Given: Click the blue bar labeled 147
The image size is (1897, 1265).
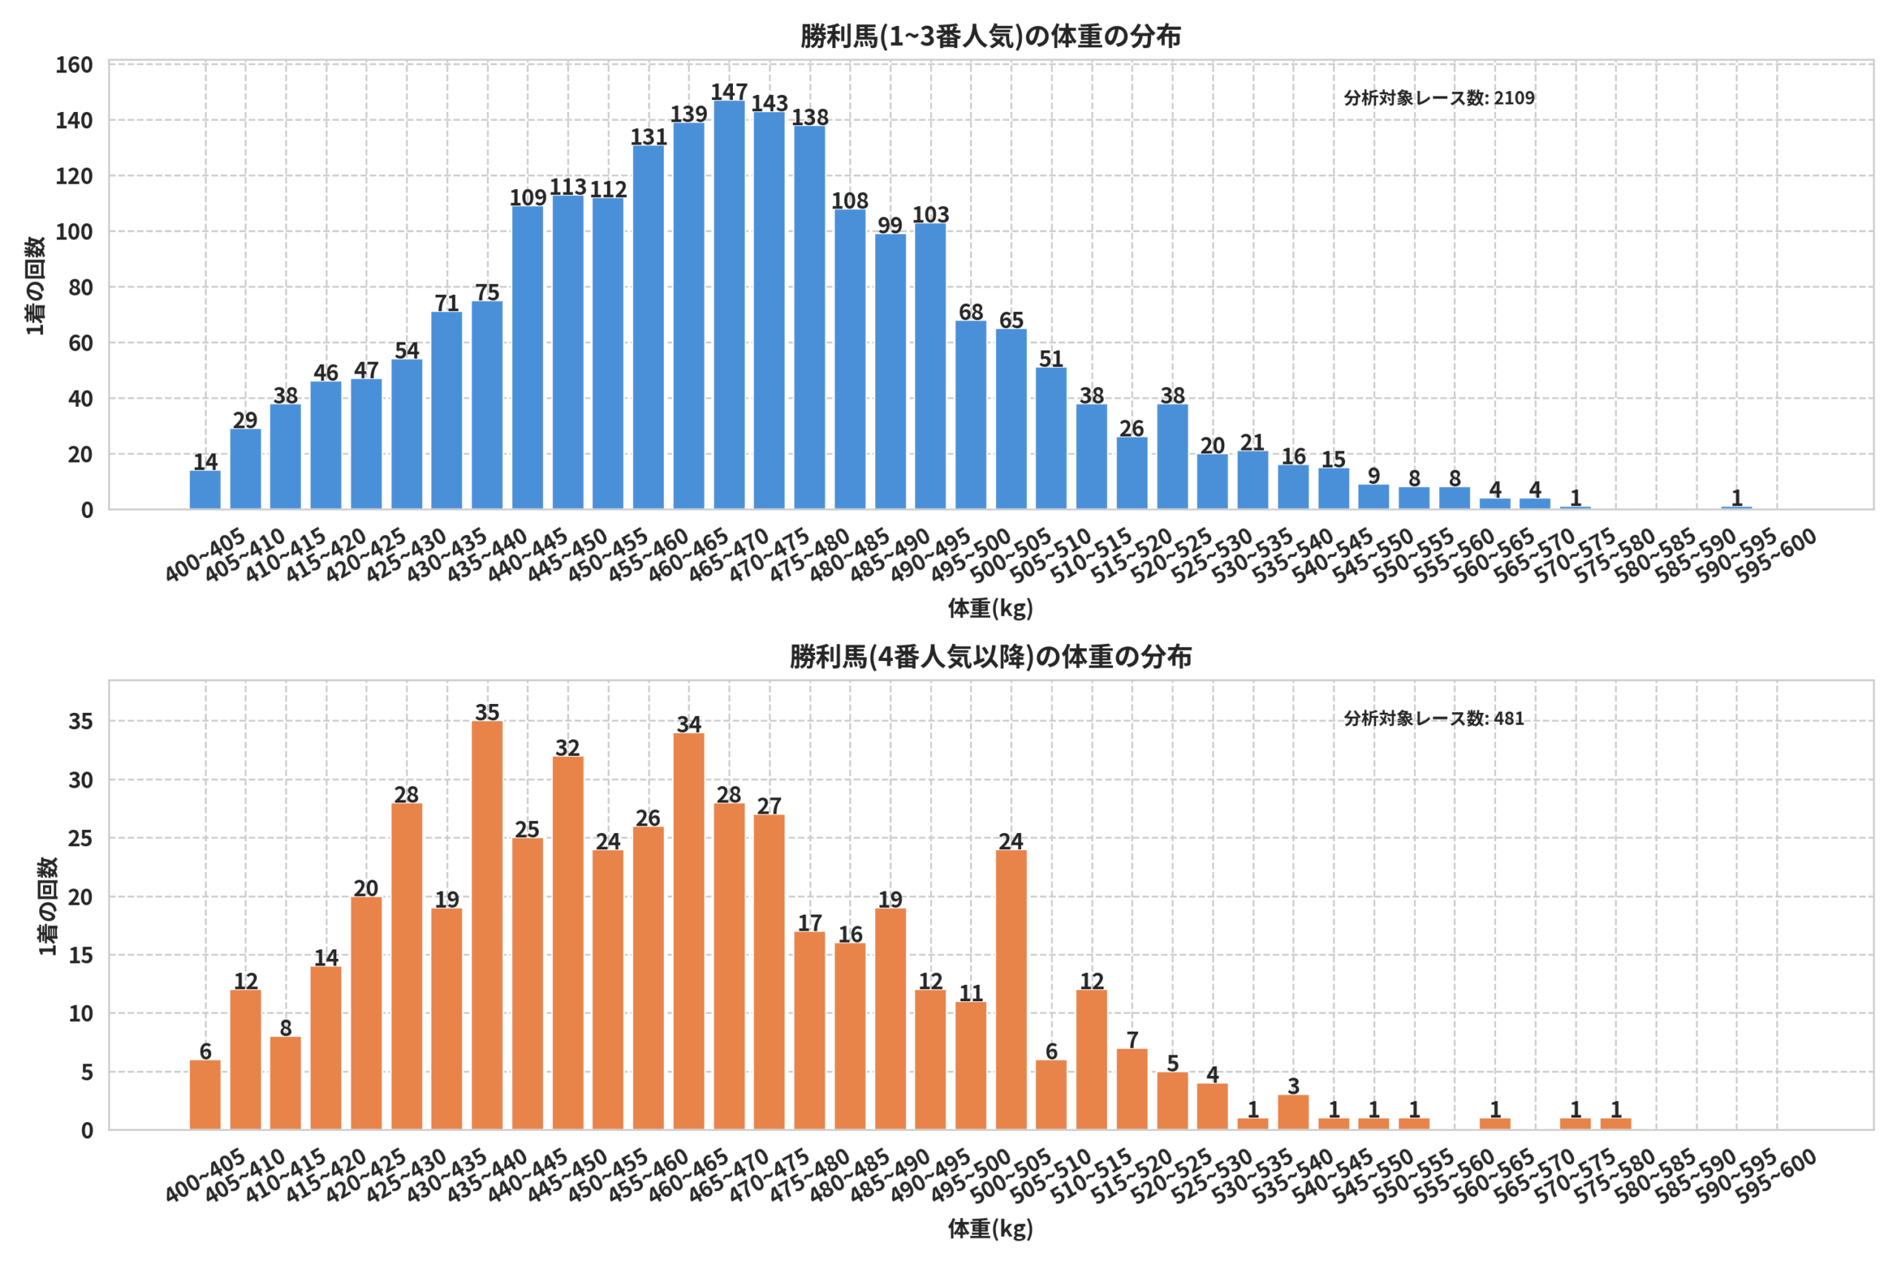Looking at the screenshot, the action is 728,305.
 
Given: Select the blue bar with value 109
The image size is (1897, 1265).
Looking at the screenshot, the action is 527,357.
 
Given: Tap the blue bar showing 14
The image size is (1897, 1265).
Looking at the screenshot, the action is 205,490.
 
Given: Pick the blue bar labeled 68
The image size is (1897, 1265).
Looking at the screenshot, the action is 970,415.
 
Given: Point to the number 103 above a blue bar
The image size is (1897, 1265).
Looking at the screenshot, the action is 930,215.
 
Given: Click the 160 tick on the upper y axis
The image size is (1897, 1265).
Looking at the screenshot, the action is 73,64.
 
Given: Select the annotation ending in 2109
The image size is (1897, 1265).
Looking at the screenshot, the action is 1439,98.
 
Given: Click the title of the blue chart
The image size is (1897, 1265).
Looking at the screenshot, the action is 991,36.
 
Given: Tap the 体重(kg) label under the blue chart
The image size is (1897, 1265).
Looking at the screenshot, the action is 991,608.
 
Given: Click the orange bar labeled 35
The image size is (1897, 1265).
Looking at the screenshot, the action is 486,926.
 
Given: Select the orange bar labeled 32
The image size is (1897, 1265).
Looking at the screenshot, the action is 567,943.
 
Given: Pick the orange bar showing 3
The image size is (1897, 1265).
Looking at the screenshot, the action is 1293,1112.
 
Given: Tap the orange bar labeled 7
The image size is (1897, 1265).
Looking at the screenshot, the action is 1132,1089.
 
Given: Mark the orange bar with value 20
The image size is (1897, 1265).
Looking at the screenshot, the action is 366,1013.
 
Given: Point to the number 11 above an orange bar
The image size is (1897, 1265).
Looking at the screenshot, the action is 970,992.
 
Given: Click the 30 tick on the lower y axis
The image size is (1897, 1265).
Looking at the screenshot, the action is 81,780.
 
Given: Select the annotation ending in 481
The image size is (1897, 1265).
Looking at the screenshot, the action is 1434,718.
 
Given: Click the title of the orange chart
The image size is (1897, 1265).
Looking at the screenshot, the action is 991,657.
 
